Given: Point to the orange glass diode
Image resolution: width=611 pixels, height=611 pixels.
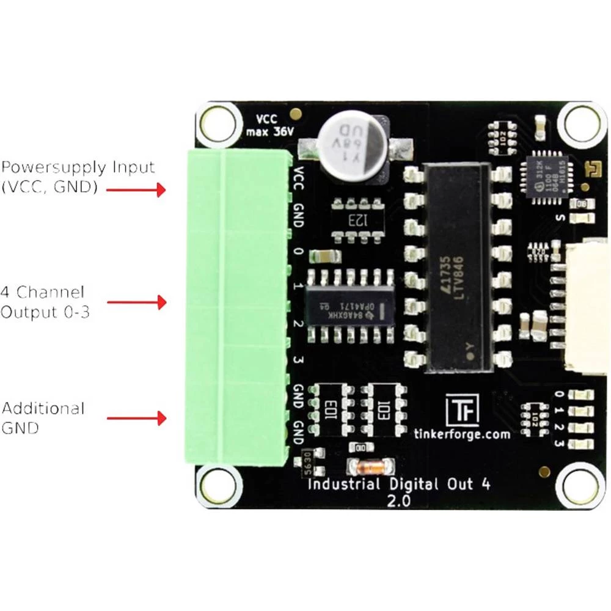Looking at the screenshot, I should click(367, 468).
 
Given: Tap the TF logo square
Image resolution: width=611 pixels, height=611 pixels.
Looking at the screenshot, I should click(462, 409).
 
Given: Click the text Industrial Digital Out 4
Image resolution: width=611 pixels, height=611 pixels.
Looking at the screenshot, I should click(398, 485).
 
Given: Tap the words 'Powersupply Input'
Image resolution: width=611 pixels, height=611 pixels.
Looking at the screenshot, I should click(78, 167).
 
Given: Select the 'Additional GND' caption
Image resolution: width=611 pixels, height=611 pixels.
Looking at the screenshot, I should click(43, 418).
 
